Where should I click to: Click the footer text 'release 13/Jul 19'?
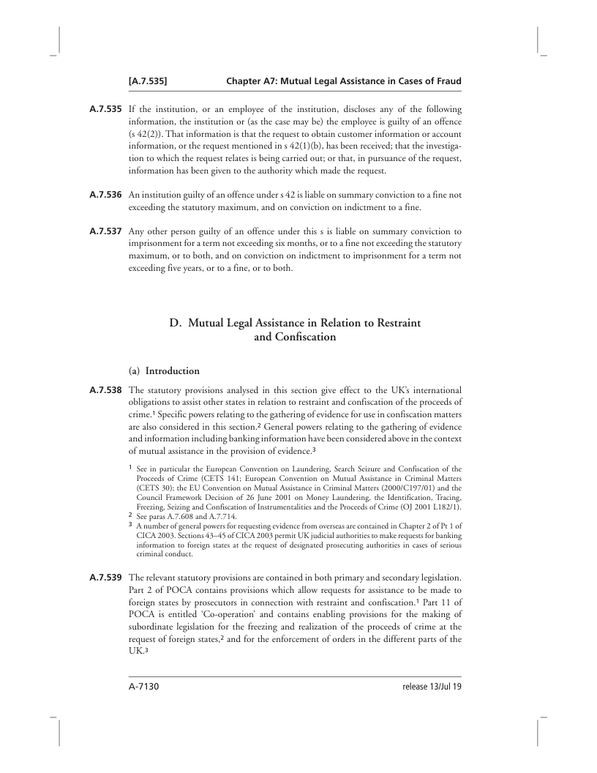click(432, 687)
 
